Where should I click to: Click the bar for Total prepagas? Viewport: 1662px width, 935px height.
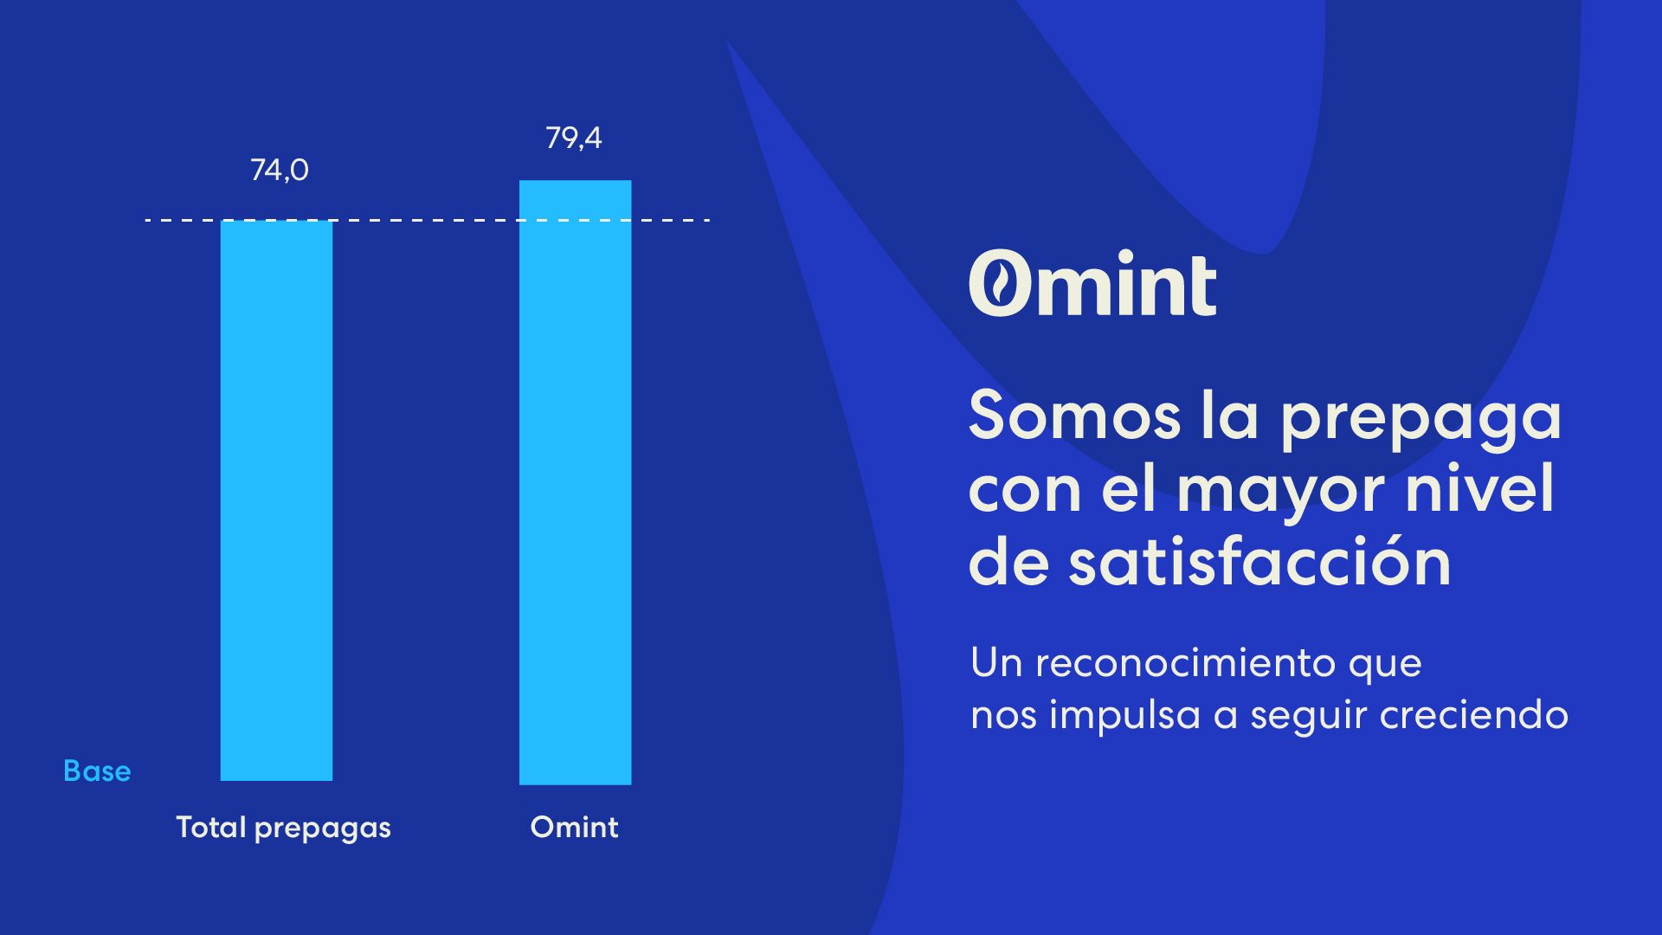point(276,500)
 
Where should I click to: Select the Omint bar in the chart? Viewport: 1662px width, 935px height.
point(575,482)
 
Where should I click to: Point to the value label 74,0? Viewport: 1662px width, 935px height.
point(280,170)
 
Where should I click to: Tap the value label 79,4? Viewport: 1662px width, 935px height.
point(574,138)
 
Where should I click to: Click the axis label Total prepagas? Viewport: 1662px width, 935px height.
point(284,828)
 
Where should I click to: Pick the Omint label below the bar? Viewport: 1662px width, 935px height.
point(574,827)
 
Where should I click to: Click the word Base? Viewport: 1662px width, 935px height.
point(97,771)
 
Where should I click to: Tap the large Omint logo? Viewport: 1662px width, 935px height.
point(1092,283)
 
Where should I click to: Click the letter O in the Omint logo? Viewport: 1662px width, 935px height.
point(1000,283)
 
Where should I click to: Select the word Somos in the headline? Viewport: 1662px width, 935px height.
point(1074,416)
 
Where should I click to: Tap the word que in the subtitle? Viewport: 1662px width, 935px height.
point(1385,667)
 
